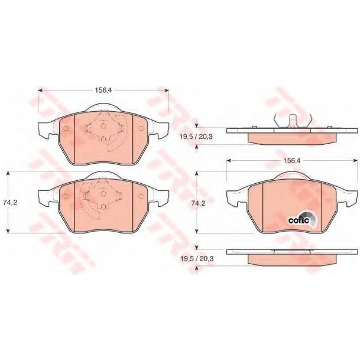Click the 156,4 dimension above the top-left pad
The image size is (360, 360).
103,90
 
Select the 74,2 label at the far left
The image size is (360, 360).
10,202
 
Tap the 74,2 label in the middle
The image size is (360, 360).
199,203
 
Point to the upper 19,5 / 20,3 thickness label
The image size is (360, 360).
196,137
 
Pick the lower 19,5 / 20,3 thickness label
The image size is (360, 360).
197,259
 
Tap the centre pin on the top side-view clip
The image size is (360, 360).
293,121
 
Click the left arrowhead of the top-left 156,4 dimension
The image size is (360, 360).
40,90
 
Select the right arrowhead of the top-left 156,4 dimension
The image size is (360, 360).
167,90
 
